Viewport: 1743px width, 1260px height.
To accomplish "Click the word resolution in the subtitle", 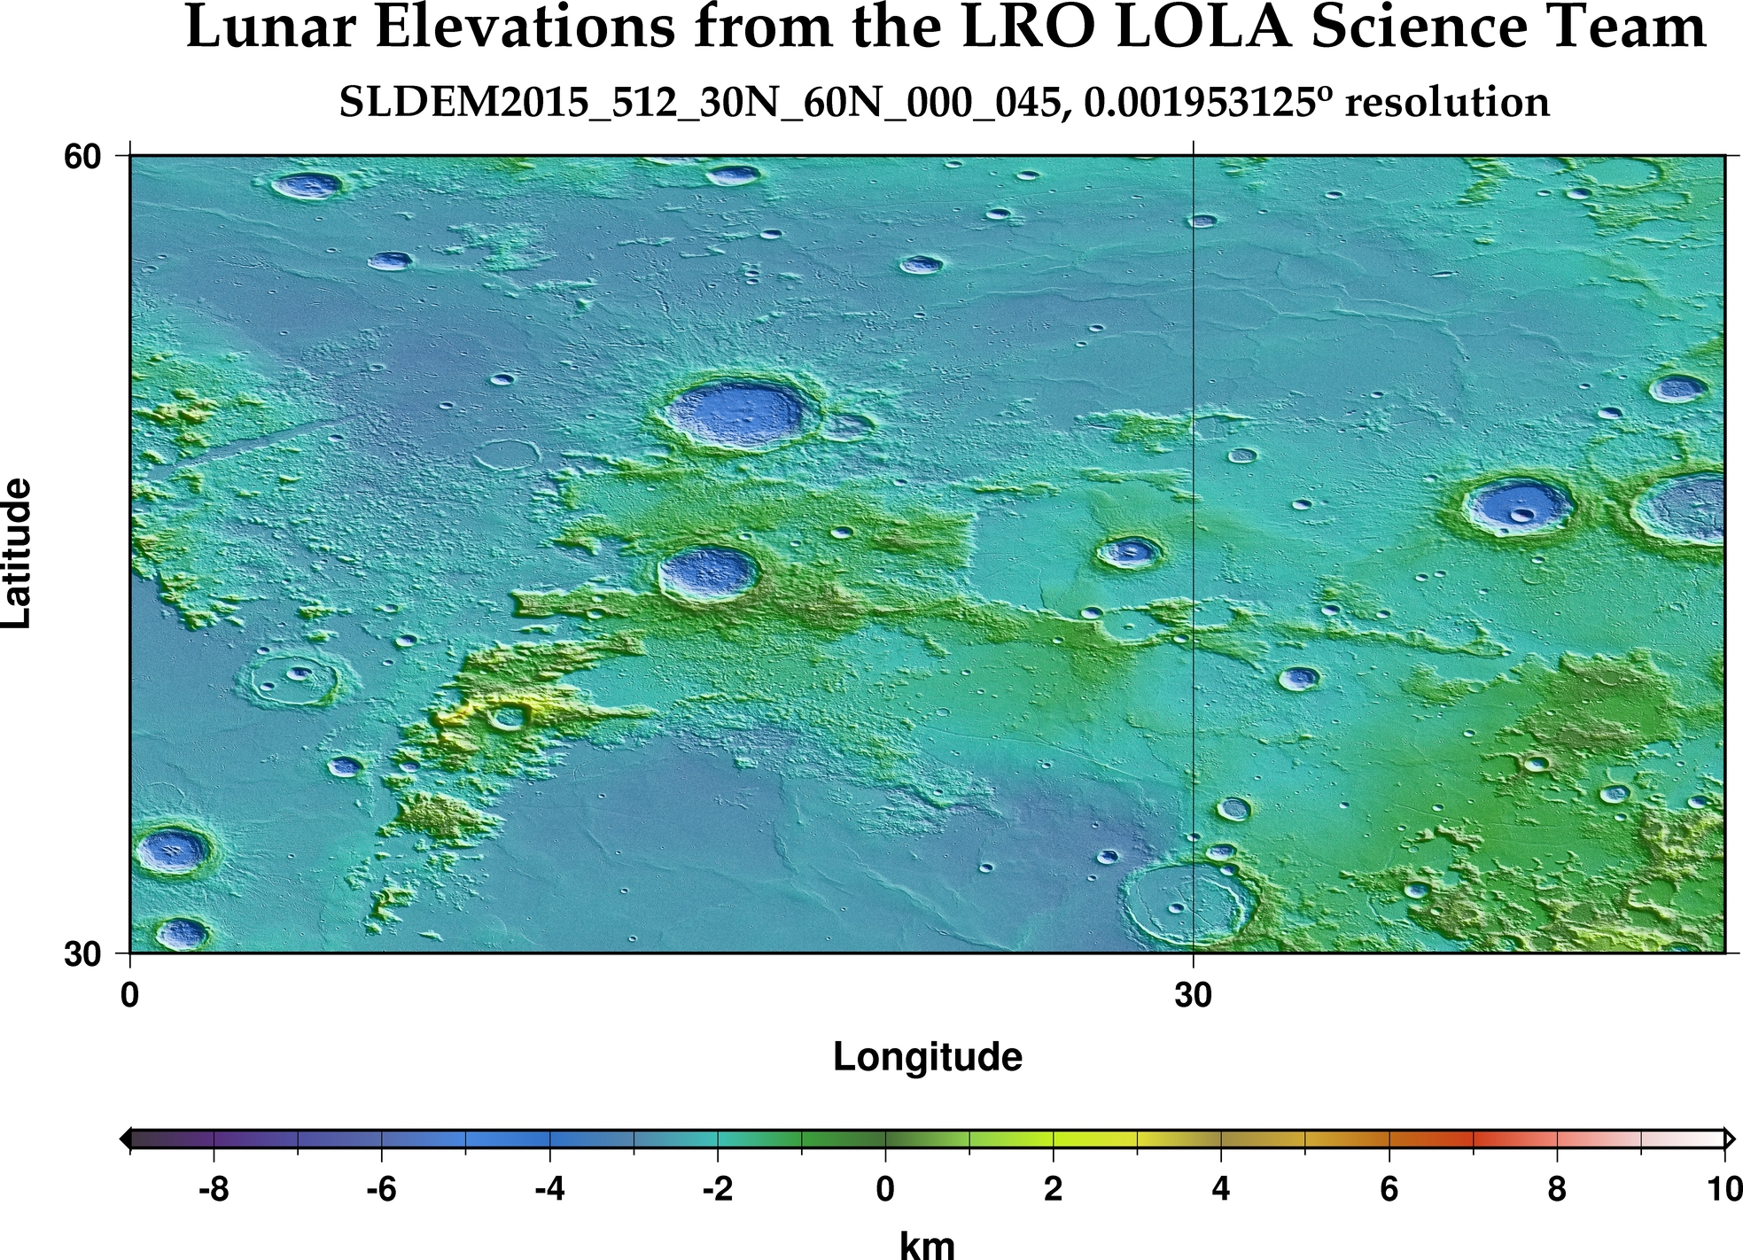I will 1446,104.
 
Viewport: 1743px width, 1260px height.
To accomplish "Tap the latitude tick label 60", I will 82,157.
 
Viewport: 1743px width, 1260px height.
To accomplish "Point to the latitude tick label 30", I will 82,955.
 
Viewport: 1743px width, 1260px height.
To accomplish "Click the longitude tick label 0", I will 130,996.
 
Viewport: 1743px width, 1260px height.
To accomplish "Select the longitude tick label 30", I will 1193,996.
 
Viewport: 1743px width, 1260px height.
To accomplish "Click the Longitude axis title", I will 927,1057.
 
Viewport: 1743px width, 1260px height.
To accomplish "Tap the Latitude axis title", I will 18,554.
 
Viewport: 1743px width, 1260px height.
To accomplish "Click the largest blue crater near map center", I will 735,414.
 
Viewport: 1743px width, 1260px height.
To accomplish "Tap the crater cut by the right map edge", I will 1688,508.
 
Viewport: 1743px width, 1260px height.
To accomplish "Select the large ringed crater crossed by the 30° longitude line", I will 1187,903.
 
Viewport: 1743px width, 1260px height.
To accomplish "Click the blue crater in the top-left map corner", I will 307,185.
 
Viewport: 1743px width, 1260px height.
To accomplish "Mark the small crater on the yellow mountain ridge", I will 508,716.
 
